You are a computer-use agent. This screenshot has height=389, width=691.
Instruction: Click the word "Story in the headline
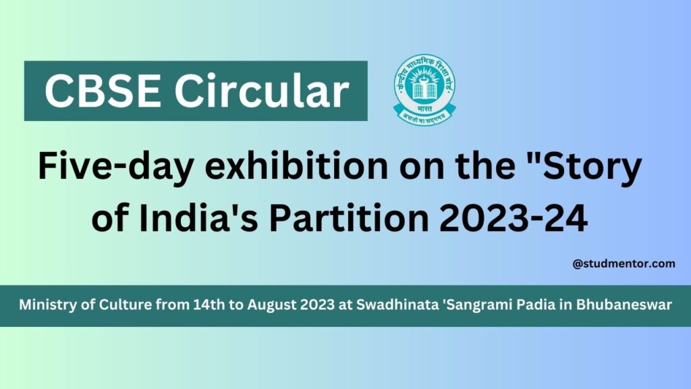[580, 167]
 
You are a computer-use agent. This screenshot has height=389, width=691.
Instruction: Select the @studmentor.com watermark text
[624, 264]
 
